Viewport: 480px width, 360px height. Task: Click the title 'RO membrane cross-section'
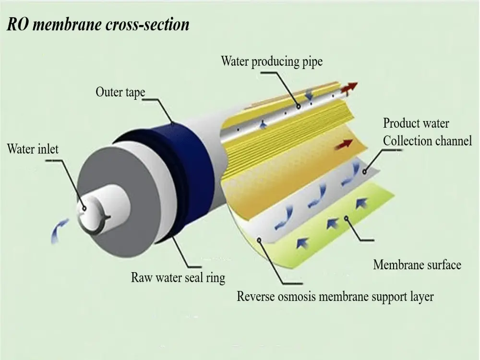(98, 24)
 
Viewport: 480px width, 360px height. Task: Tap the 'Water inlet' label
(33, 149)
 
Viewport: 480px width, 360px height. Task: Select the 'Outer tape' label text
(120, 92)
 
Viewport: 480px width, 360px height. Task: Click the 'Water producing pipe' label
(272, 61)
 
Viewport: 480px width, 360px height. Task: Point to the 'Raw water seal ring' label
(178, 278)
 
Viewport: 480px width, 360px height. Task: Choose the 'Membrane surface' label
(417, 265)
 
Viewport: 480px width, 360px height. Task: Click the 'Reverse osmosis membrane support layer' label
(335, 296)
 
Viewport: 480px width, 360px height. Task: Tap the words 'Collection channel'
(427, 141)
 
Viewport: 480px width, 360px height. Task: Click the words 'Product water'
(416, 123)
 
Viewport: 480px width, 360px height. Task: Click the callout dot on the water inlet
(84, 209)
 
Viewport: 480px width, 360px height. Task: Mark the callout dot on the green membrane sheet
(346, 218)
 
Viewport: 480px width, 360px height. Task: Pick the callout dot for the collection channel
(365, 172)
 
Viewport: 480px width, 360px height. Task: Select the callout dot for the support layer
(259, 240)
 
